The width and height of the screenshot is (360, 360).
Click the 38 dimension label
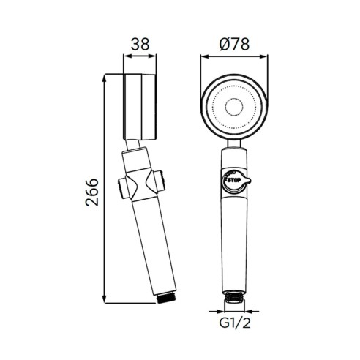point(140,44)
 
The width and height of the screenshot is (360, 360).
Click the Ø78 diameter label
point(234,44)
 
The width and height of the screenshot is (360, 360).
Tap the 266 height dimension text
point(92,192)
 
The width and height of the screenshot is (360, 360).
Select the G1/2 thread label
point(235,323)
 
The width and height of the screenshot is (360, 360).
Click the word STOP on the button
point(234,180)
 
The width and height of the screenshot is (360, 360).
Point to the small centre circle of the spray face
point(234,107)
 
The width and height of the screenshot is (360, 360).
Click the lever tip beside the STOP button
point(248,180)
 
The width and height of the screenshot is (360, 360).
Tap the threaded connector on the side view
point(166,298)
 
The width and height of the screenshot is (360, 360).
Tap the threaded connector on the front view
point(234,296)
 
